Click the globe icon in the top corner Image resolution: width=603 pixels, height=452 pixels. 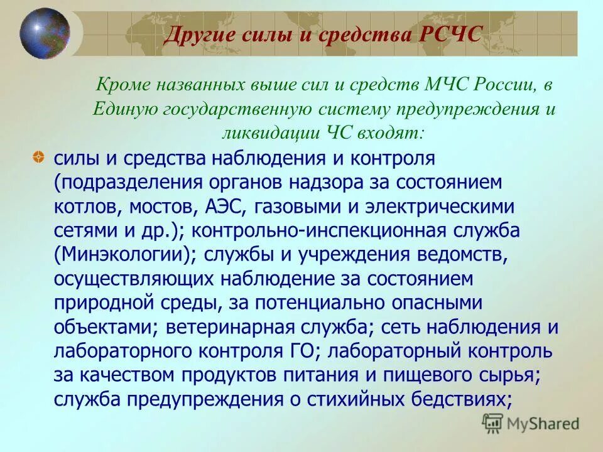point(45,33)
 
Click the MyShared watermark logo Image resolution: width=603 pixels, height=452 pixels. point(531,424)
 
